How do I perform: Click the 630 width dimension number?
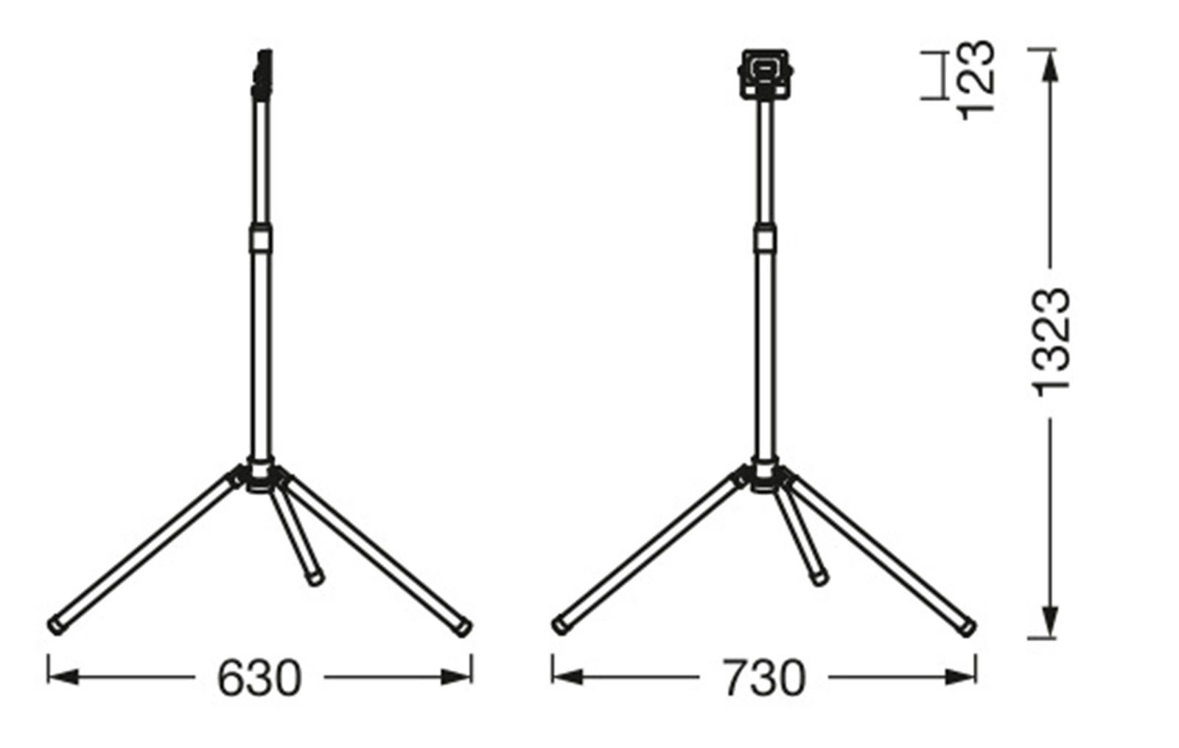[x=259, y=677]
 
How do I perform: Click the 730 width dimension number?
[x=763, y=677]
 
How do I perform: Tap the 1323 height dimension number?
[x=1051, y=343]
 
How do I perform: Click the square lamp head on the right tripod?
[x=765, y=74]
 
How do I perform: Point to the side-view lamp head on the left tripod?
[x=262, y=74]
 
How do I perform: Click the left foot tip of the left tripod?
[x=56, y=626]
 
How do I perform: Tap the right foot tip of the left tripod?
[x=463, y=627]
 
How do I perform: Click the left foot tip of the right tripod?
[x=560, y=626]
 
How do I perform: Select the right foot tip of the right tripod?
[x=967, y=627]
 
